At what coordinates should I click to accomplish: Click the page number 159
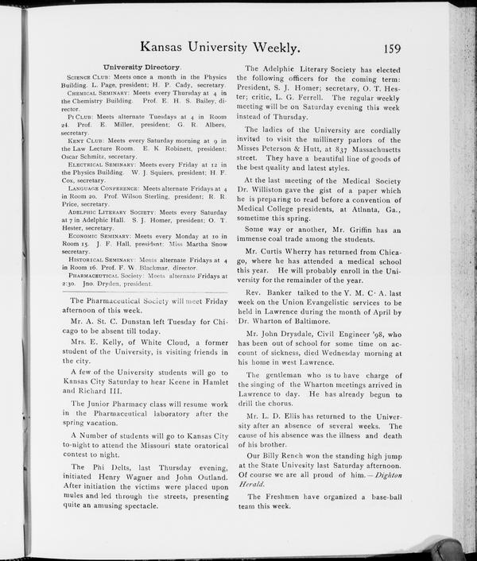click(392, 48)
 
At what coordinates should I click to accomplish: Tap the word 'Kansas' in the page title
click(165, 48)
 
